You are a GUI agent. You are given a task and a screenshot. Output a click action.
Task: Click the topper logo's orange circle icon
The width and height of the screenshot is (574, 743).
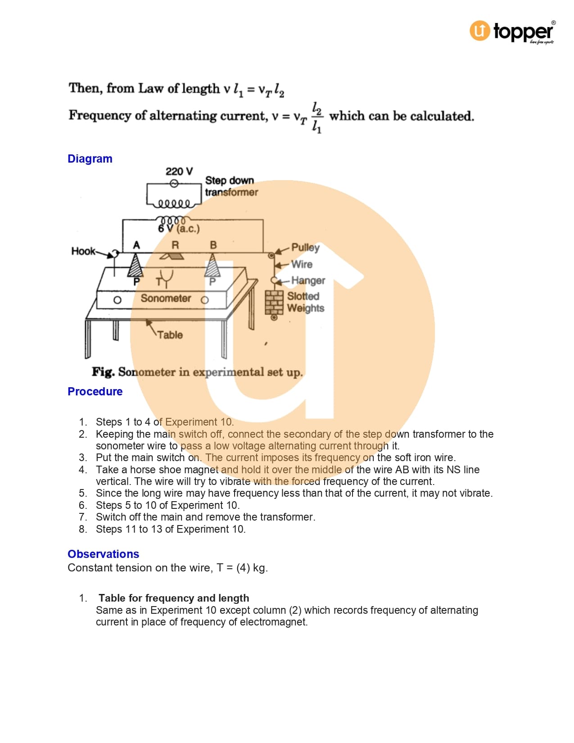(480, 31)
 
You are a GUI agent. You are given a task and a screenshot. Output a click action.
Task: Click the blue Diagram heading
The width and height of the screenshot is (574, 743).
(90, 159)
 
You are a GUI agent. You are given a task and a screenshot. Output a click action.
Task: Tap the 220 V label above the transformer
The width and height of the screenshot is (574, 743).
(179, 172)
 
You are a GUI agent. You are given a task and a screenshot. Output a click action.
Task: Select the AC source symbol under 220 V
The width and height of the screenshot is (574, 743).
(174, 183)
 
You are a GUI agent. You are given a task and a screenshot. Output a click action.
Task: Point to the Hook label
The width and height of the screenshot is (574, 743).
(83, 251)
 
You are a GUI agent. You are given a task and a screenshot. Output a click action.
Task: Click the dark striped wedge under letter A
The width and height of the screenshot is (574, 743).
(135, 266)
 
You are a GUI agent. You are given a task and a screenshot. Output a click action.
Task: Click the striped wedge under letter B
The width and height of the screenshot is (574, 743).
(212, 266)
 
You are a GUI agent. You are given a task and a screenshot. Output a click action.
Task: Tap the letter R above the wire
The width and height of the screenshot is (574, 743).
(175, 245)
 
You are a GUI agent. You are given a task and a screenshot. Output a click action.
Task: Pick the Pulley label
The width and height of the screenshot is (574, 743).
(305, 247)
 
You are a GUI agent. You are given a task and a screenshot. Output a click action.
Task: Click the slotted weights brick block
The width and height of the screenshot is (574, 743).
(274, 301)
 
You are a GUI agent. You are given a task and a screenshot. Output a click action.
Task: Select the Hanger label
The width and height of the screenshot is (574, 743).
(308, 281)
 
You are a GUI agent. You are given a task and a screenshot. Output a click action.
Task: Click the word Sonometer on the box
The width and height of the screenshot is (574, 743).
(166, 299)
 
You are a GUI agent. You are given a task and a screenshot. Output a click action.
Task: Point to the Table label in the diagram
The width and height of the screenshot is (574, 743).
(170, 335)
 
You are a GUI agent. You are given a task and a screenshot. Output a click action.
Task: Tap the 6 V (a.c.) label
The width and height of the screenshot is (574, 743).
(179, 229)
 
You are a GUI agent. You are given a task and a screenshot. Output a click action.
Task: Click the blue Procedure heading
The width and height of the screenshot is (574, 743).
(95, 392)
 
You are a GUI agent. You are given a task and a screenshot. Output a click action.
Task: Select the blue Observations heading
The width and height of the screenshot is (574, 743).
(103, 554)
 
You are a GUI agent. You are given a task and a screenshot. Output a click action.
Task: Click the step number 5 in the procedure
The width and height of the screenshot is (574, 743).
(83, 494)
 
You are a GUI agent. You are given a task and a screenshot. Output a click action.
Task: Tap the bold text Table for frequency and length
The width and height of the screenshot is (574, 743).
(174, 598)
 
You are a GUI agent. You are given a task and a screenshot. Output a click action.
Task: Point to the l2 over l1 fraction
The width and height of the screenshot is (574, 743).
(317, 117)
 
